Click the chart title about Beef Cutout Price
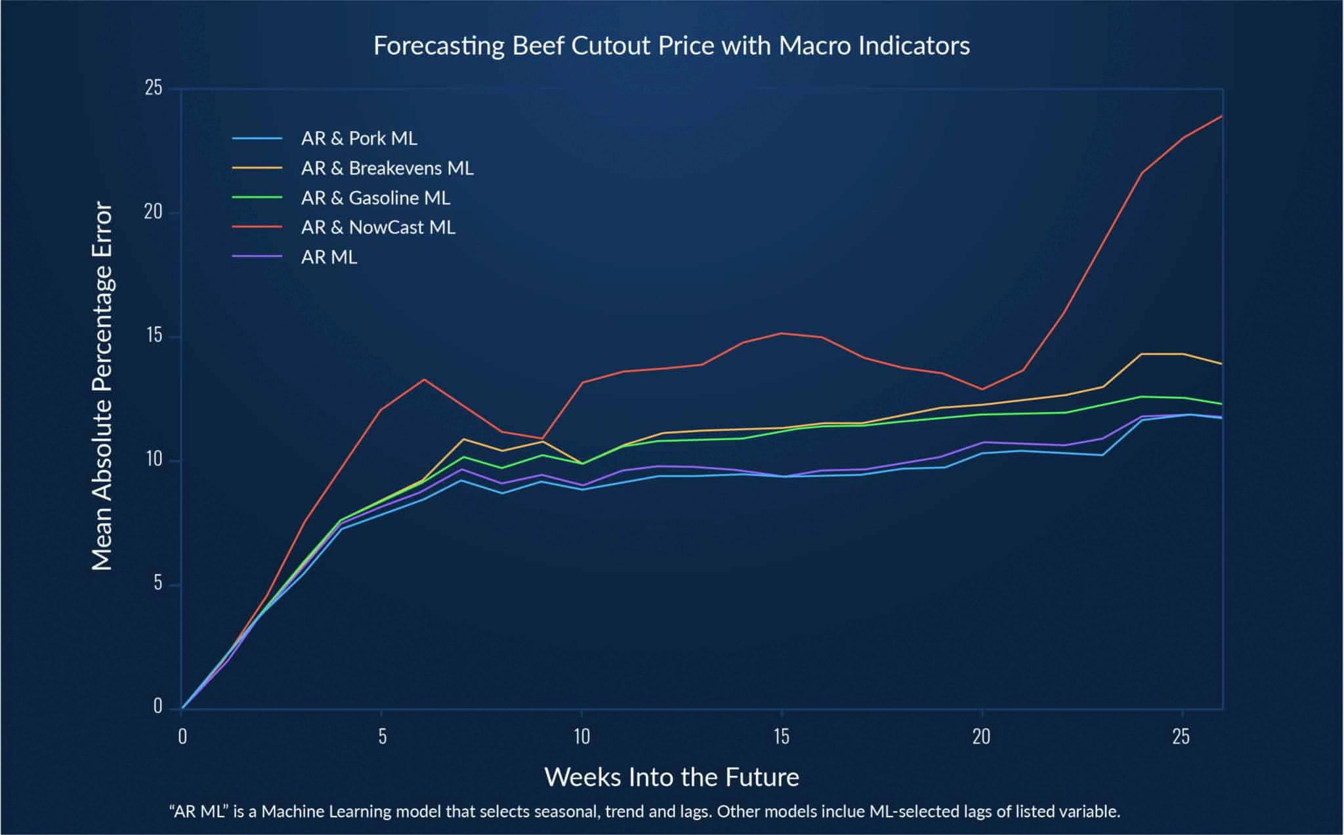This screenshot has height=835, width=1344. point(671,46)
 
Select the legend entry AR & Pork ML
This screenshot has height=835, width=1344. point(359,138)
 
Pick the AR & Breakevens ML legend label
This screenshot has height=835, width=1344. point(387,169)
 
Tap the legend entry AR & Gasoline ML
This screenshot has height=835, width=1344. point(375,198)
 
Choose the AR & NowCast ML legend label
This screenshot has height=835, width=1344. point(378,228)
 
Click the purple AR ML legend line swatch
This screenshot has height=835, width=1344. point(257,257)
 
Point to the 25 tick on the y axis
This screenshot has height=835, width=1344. point(154,88)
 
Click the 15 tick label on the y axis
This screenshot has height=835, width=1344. point(154,336)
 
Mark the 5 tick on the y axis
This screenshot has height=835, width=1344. point(157,584)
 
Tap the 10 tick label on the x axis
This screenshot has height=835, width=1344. point(581,737)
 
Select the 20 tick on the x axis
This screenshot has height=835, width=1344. point(981,737)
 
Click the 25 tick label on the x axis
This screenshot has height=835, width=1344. point(1181,737)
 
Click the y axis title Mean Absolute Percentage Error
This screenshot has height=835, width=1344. point(102,386)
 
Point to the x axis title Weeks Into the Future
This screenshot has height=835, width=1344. point(671,777)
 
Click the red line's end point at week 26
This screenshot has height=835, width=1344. point(1221,116)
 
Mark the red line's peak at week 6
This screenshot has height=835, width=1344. point(424,379)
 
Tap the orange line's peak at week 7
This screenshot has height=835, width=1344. point(464,439)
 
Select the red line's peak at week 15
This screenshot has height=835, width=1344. point(782,333)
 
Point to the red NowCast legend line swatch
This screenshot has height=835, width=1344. point(257,228)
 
